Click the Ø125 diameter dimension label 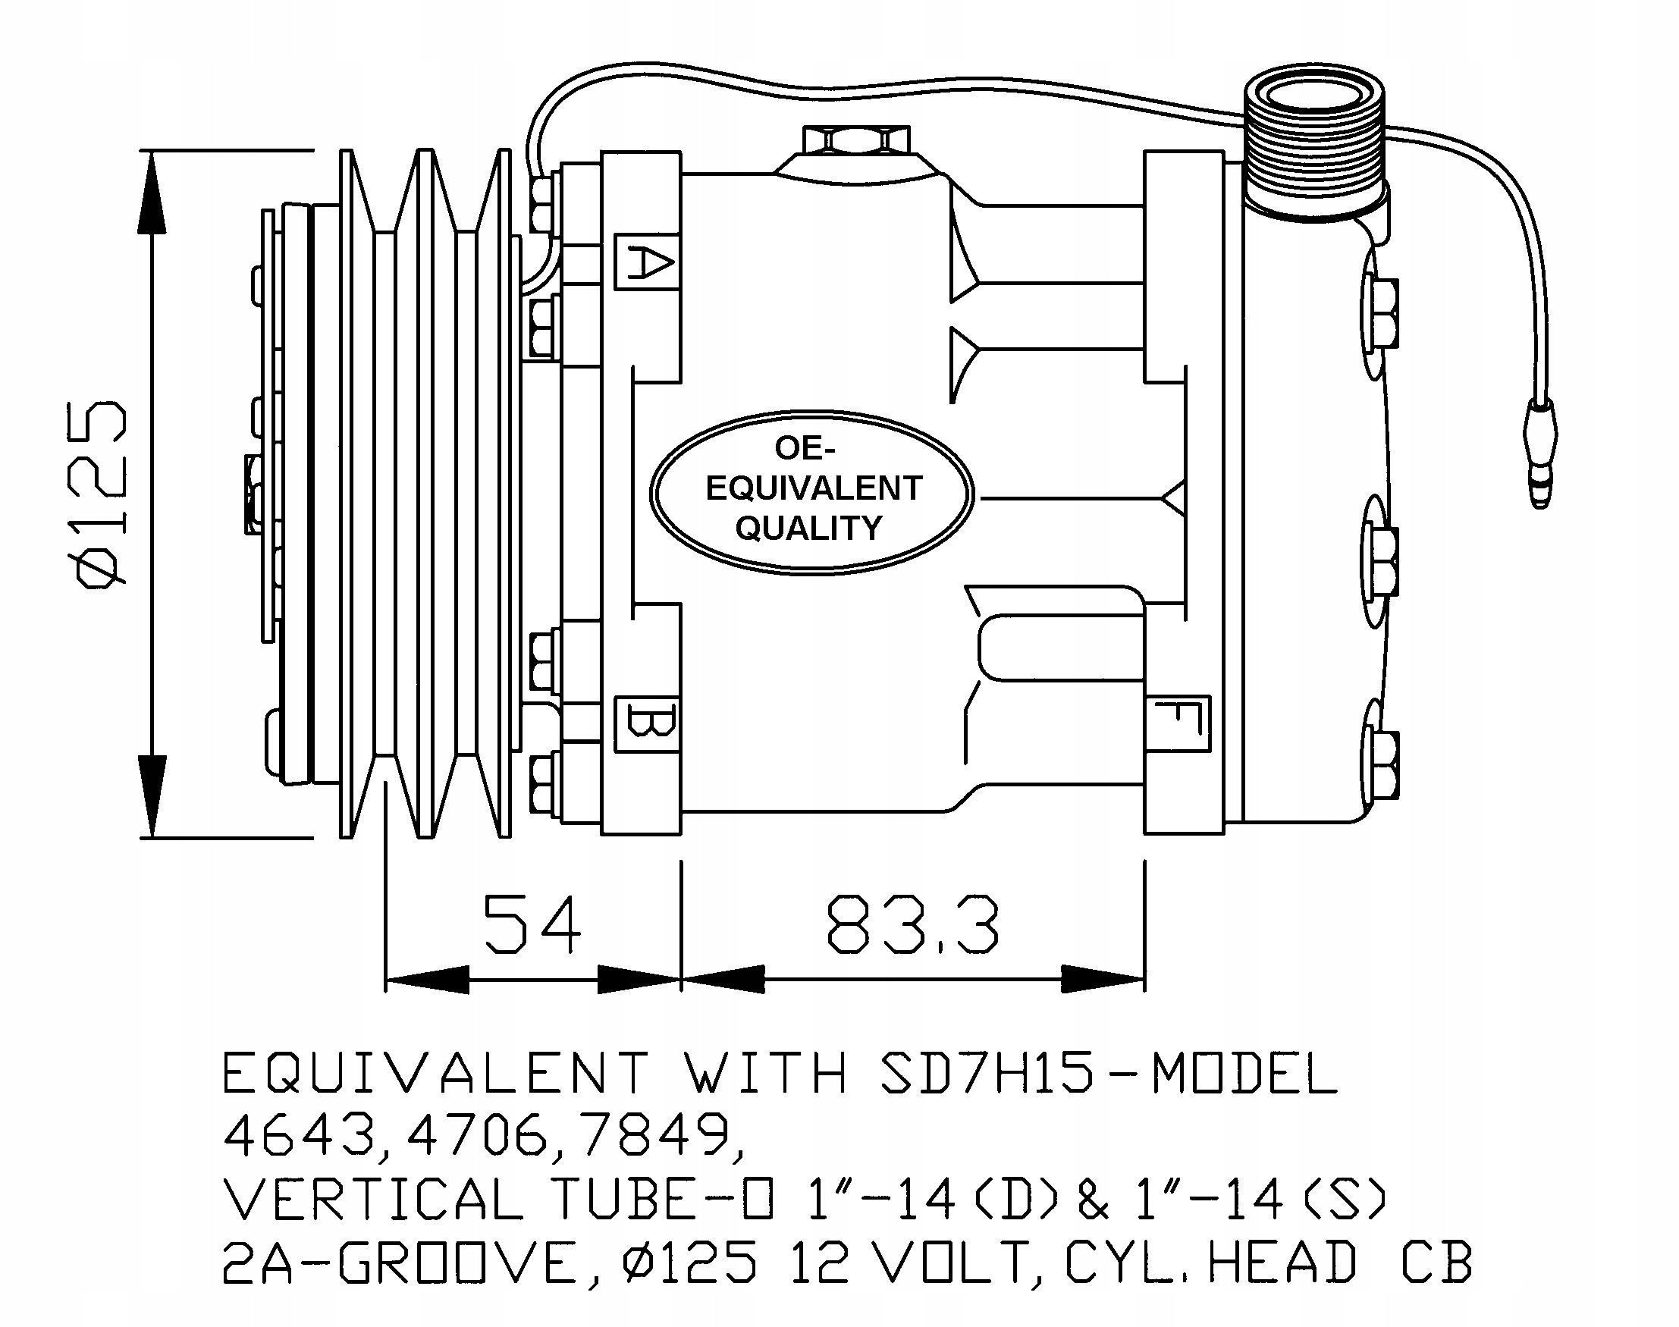pos(99,494)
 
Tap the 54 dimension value pos(533,924)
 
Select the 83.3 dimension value pos(912,924)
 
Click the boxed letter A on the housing pos(647,262)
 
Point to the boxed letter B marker pos(647,724)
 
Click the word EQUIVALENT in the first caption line pos(435,1074)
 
